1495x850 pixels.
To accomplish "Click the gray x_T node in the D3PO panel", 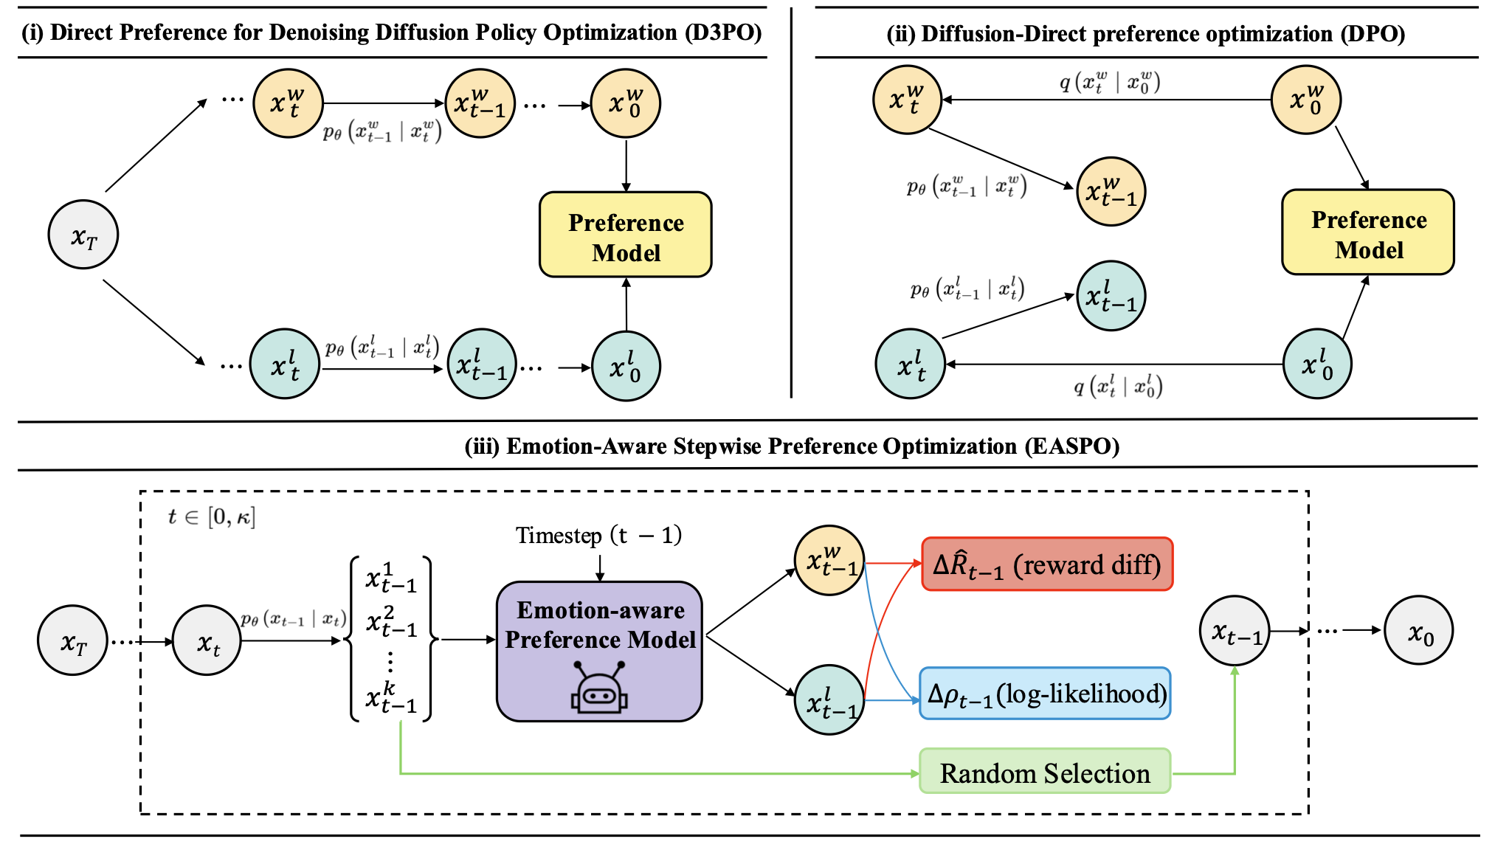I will (x=83, y=235).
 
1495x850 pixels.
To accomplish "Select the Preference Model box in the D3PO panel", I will (x=626, y=235).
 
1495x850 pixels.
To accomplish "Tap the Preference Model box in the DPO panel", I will (x=1368, y=233).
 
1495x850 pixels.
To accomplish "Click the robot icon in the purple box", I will (x=599, y=688).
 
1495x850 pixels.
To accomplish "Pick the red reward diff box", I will (x=1047, y=564).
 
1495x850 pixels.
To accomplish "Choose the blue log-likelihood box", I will (x=1046, y=694).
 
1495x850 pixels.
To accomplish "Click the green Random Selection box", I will (x=1045, y=772).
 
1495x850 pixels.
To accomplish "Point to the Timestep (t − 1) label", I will (x=598, y=535).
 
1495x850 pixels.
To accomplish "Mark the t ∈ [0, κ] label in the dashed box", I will (x=211, y=516).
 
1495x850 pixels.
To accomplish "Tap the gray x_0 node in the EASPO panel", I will (x=1419, y=631).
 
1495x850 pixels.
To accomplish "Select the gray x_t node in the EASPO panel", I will (x=207, y=641).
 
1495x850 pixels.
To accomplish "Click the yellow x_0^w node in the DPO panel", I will (x=1305, y=100).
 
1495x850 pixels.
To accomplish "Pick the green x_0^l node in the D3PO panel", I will (x=626, y=366).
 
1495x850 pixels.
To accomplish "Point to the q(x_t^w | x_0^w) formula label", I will (x=1109, y=82).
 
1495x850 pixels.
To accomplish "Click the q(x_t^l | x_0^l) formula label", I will (x=1117, y=385).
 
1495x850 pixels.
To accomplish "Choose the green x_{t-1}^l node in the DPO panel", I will (x=1111, y=295).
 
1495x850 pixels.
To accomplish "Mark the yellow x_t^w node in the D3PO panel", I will (x=287, y=103).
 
